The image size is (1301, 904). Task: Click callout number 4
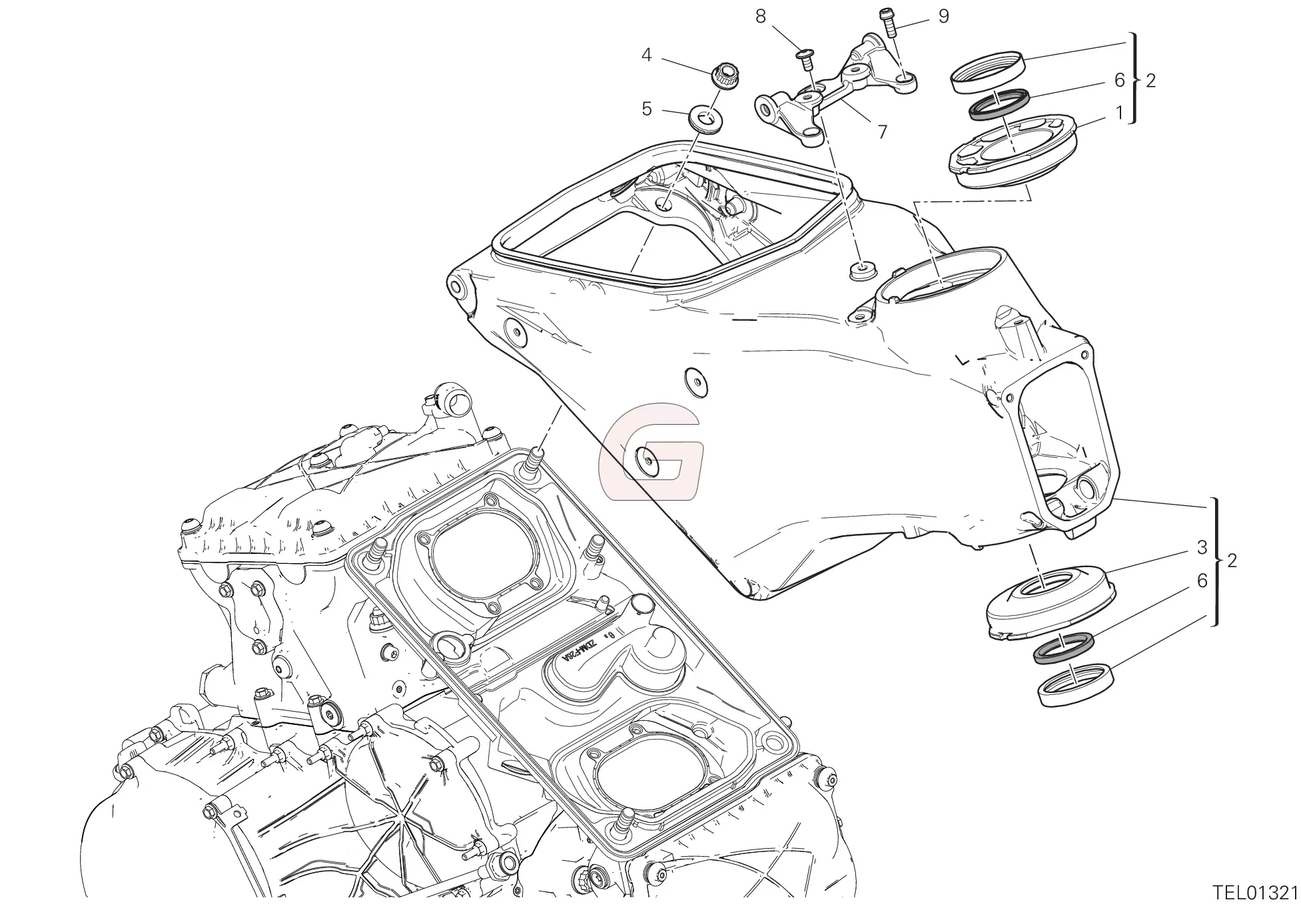point(646,55)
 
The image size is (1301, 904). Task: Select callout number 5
point(646,109)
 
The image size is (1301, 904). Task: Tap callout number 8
point(761,17)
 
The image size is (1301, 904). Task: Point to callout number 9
point(943,17)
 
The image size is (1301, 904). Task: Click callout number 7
point(883,132)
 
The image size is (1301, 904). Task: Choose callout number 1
point(1120,113)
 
